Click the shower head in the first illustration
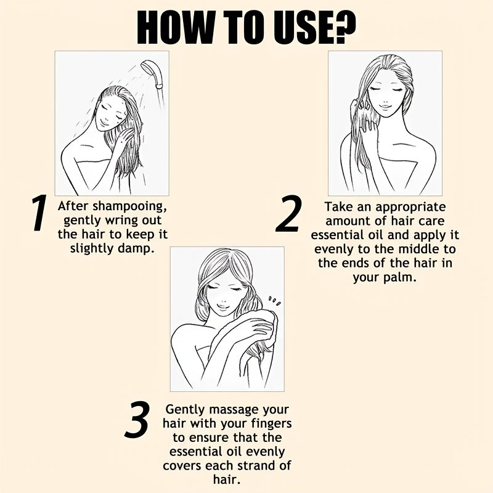pos(152,73)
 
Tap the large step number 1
pos(39,213)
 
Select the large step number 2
pos(288,213)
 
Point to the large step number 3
pos(136,420)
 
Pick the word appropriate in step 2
pos(410,208)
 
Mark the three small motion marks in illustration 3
pos(275,301)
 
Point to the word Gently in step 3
pos(185,410)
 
